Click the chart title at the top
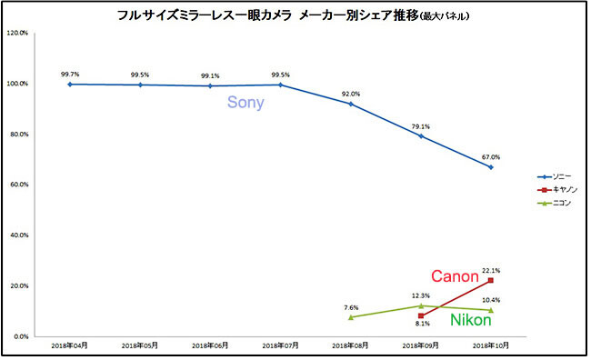294,15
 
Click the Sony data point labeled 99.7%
70,85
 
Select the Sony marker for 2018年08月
351,104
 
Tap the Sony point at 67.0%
491,167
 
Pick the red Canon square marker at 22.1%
491,280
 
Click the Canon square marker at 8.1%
421,315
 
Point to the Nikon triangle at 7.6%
351,317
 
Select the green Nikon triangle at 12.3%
421,305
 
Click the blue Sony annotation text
245,103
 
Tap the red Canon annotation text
455,276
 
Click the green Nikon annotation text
471,320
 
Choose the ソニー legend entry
554,176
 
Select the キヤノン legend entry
557,190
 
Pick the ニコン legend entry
554,204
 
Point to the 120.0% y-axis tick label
17,33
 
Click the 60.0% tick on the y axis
19,185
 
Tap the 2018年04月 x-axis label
70,345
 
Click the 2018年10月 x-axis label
491,345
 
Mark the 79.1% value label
421,126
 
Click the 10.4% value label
491,300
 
